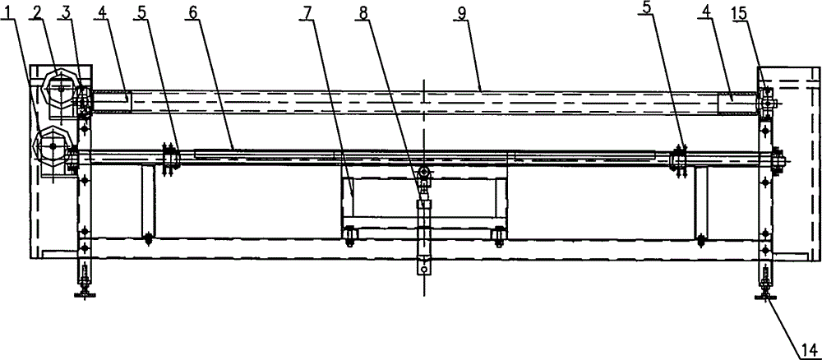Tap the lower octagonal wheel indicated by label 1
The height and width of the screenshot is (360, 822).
click(52, 146)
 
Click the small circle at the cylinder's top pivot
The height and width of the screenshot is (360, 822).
click(424, 172)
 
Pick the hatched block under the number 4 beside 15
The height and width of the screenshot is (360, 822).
click(738, 105)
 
